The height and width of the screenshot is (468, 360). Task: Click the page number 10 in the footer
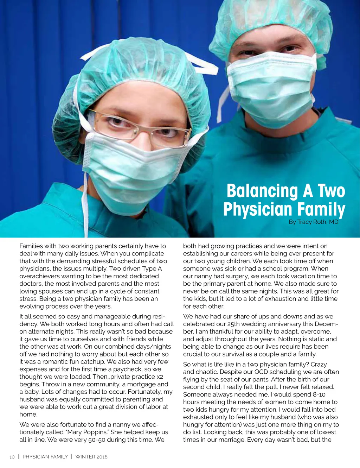tap(12, 457)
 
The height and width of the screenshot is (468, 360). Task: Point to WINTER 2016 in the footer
tap(91, 457)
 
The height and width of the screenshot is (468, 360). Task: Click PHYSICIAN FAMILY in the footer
tap(45, 457)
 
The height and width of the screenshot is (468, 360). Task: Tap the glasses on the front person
tap(139, 127)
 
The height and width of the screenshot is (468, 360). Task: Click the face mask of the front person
tap(134, 169)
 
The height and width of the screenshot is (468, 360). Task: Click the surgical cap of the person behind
tap(271, 21)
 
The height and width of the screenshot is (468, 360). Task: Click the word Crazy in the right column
tap(319, 365)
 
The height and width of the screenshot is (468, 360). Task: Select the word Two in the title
tap(332, 191)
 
